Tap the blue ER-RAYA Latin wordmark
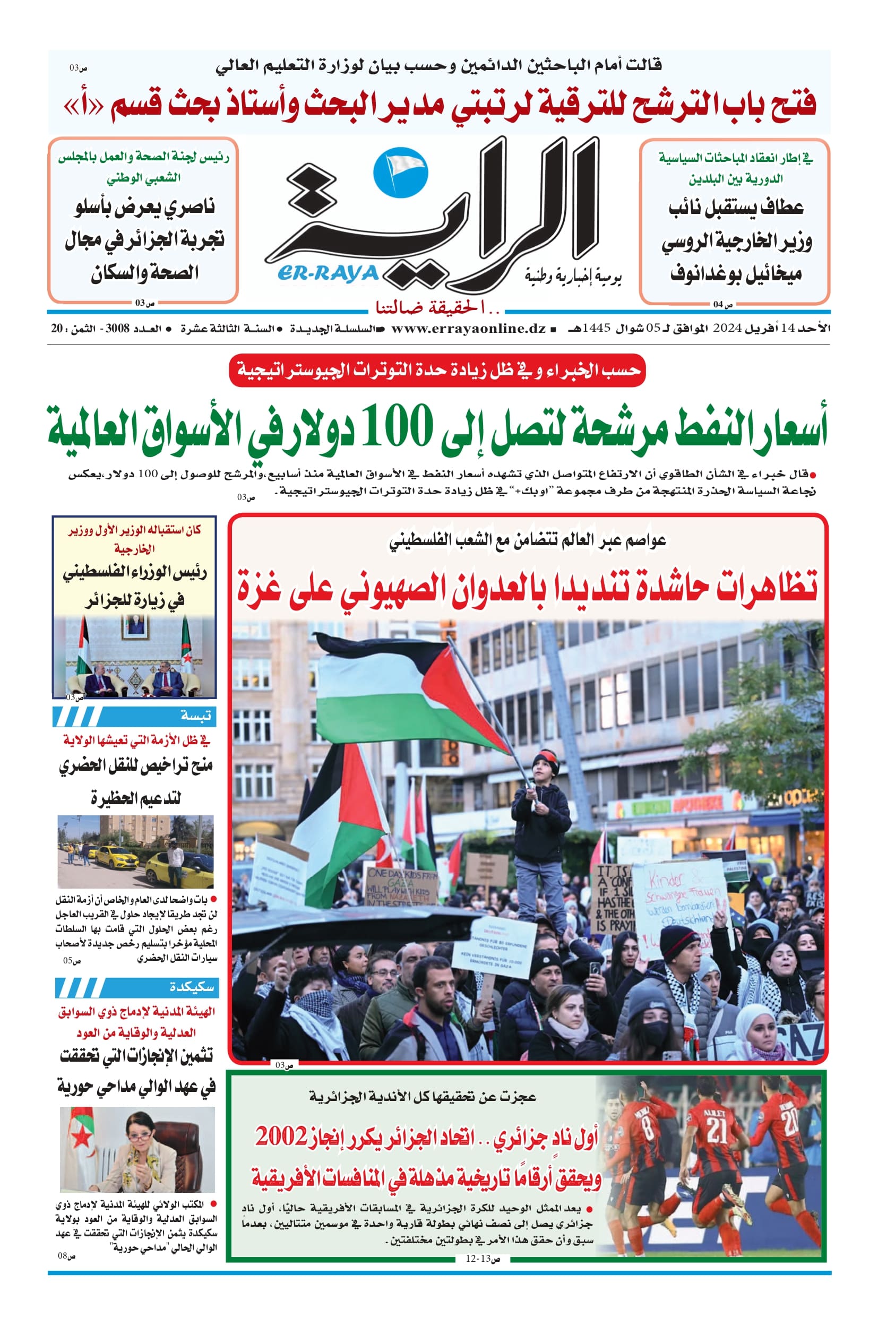(x=328, y=273)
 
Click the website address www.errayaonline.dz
(x=468, y=329)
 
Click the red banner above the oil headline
(x=437, y=370)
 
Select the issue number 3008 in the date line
(x=116, y=329)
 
